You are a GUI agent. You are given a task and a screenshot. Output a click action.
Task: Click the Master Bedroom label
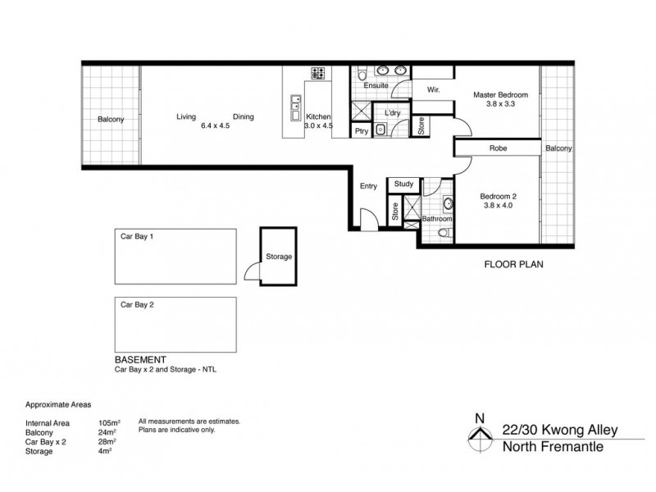coord(500,95)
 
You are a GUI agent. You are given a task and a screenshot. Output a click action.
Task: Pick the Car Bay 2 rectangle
coord(175,323)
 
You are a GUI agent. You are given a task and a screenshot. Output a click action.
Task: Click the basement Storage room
coord(278,257)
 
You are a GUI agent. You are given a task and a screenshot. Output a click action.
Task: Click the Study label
coord(403,184)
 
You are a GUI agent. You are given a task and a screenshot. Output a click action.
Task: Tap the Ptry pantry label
coord(361,130)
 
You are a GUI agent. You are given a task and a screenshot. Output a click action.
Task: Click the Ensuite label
coord(375,85)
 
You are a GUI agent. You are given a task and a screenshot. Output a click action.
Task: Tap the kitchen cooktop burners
coord(317,74)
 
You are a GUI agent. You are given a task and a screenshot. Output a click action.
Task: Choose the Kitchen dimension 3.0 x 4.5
coord(318,126)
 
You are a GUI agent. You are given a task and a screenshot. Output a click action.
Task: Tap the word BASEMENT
coord(141,360)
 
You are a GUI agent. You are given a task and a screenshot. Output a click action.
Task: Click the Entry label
coord(368,186)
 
